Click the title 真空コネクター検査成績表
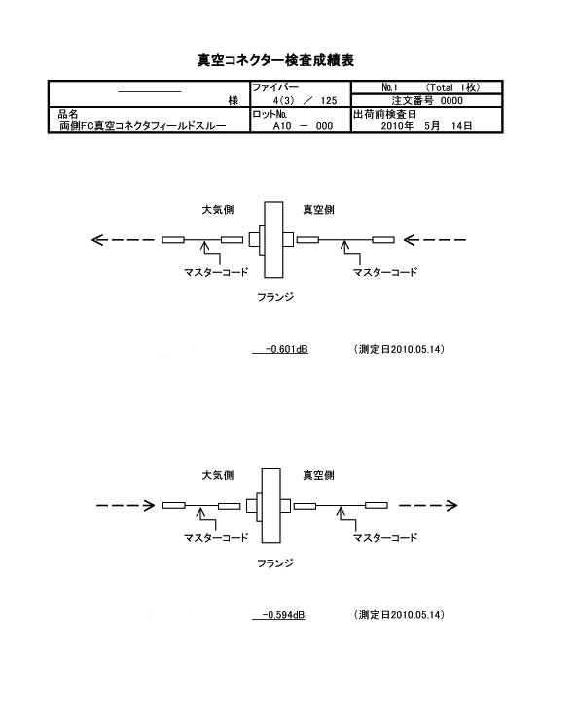click(275, 60)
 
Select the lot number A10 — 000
click(304, 126)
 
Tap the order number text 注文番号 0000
click(427, 101)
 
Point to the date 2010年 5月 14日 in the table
click(426, 126)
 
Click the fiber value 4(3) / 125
click(305, 101)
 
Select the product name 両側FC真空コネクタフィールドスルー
click(143, 126)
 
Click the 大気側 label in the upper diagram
click(218, 210)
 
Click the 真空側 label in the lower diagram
click(319, 475)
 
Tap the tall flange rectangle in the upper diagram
click(273, 240)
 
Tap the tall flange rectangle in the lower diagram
click(271, 506)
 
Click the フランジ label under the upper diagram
click(275, 297)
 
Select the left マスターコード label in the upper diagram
click(216, 272)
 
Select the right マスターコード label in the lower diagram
click(385, 538)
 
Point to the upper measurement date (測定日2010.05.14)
click(399, 349)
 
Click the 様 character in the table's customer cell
click(234, 101)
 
